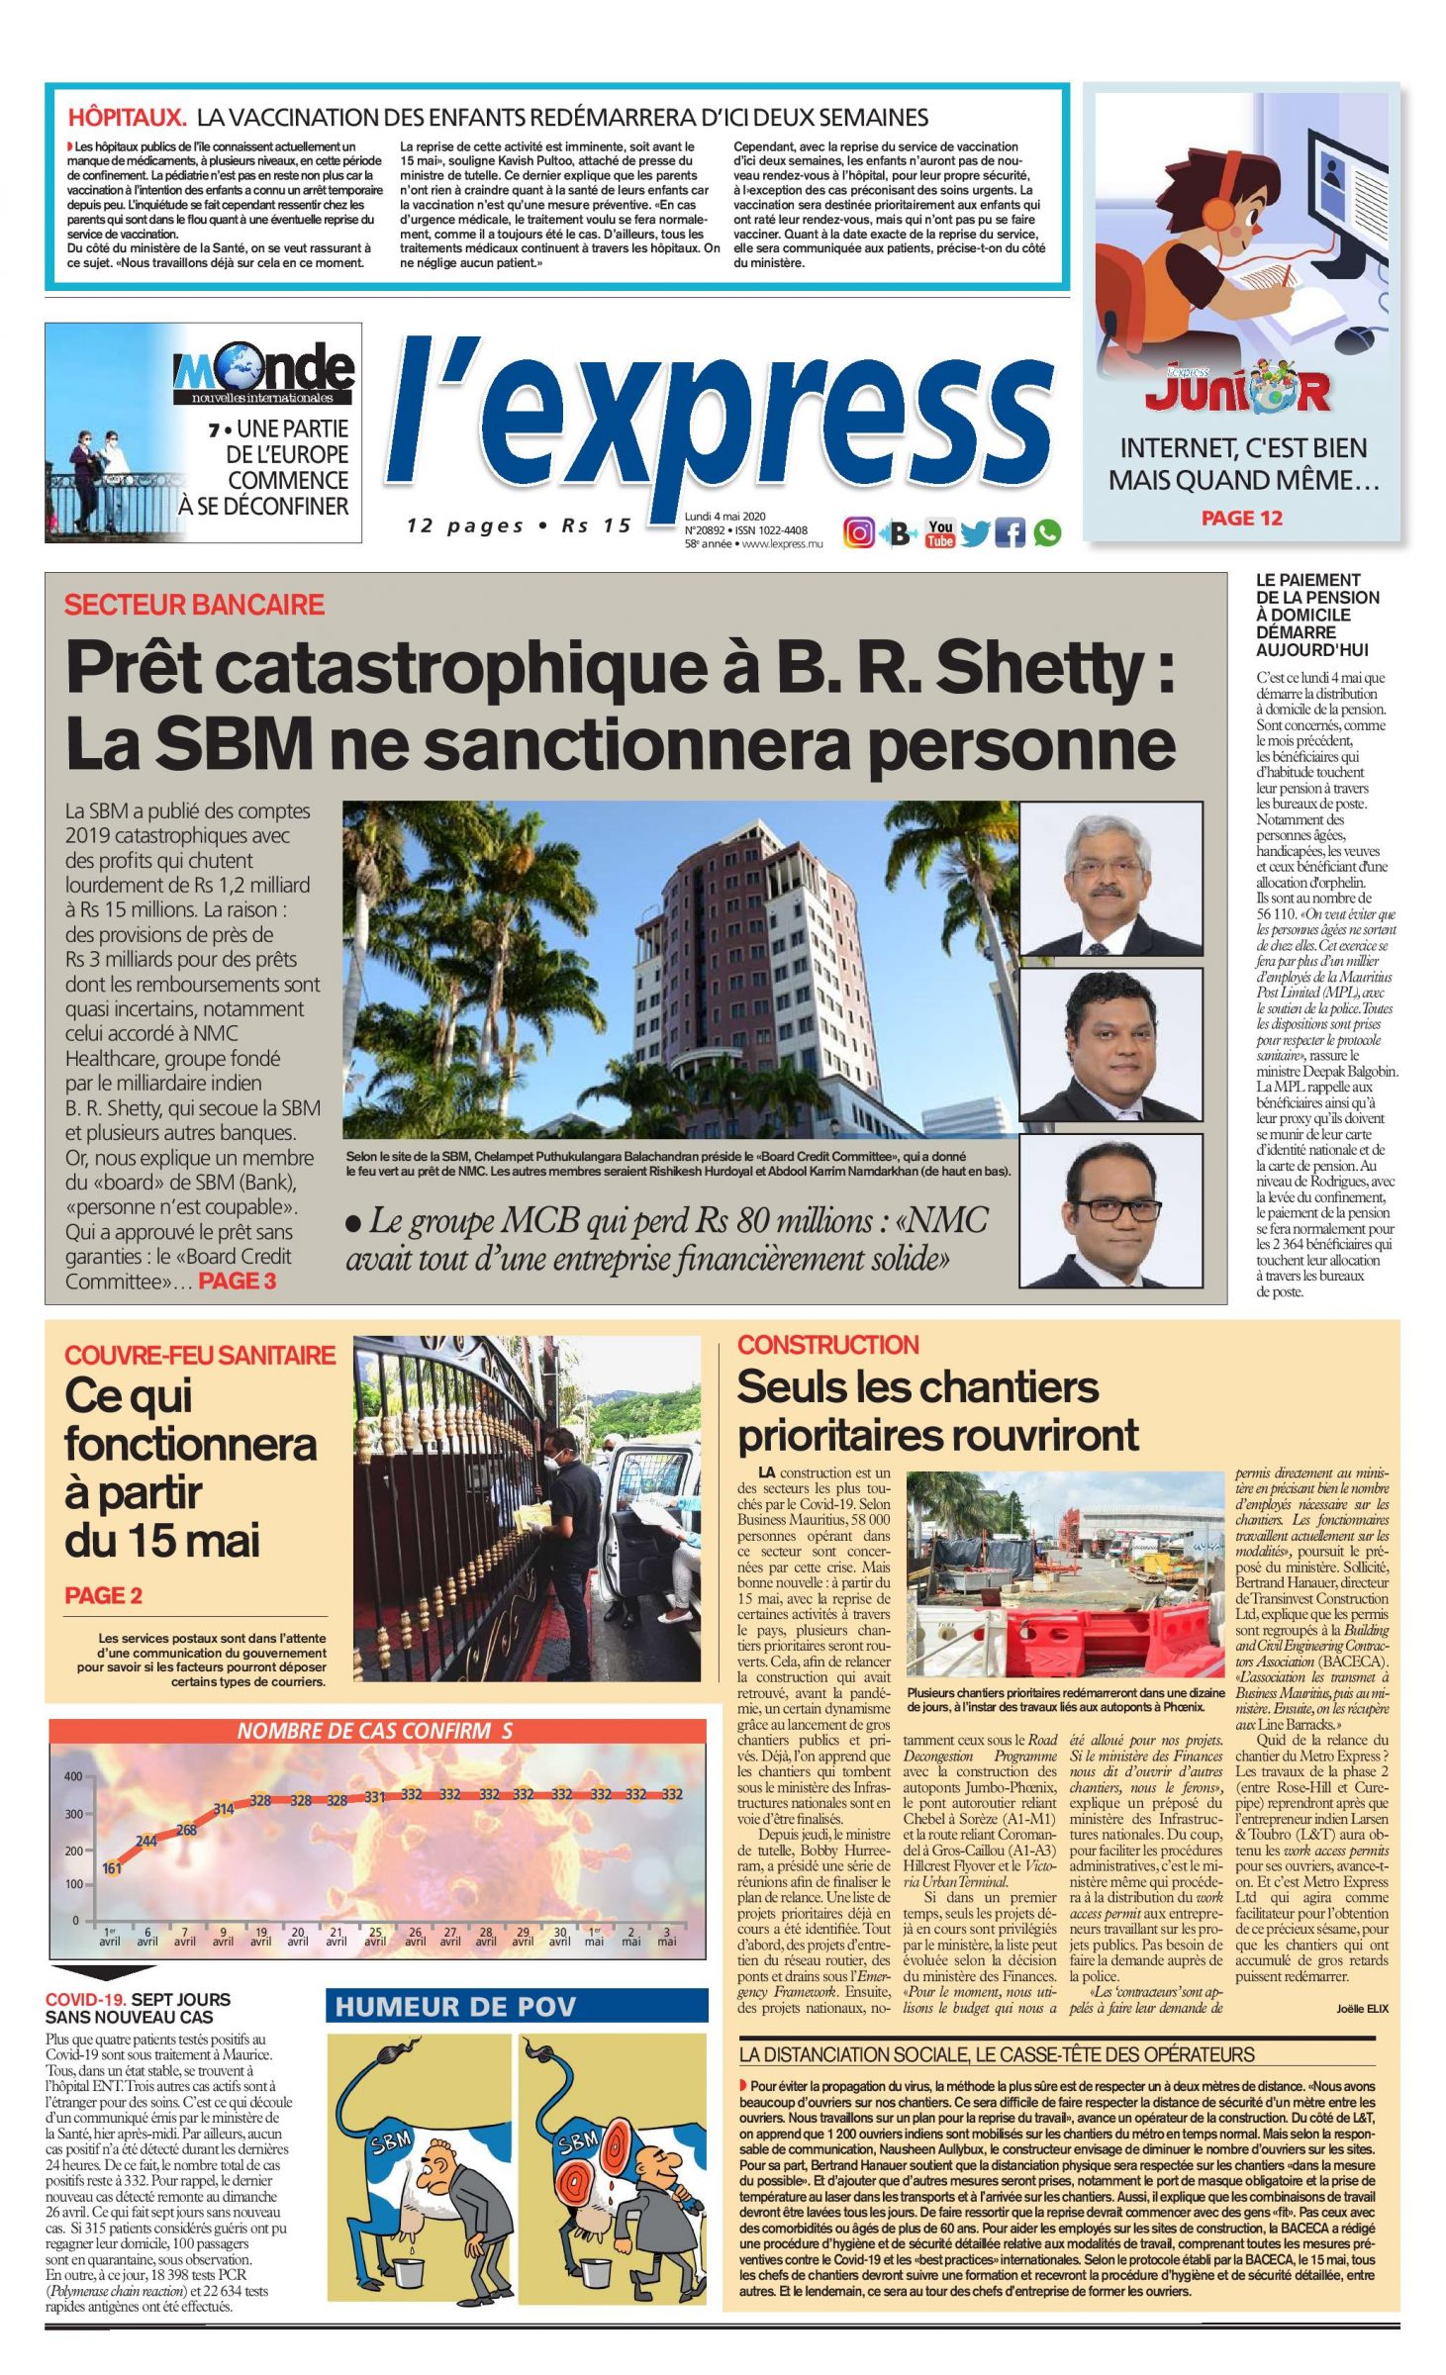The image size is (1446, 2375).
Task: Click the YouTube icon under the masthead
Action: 939,533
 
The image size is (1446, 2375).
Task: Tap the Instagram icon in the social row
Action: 858,533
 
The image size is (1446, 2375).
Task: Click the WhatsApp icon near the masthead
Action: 1047,533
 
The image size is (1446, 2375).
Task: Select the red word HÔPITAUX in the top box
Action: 127,118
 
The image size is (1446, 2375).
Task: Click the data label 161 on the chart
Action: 112,1868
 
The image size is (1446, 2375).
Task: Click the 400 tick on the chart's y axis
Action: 74,1776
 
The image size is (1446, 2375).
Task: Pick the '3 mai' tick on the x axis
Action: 667,1937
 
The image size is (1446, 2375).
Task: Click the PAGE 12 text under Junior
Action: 1241,519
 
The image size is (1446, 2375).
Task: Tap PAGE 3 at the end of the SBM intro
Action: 238,1282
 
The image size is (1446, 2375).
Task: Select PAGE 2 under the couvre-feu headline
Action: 103,1595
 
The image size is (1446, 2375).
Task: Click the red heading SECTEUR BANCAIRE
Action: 194,605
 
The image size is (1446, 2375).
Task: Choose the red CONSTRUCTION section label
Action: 827,1345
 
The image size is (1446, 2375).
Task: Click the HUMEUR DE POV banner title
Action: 455,2006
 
